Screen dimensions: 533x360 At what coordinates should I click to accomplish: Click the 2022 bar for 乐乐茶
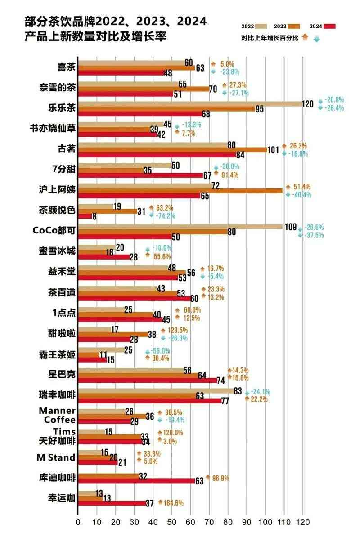[x=189, y=103]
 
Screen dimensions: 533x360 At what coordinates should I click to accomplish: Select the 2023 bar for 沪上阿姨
[x=180, y=190]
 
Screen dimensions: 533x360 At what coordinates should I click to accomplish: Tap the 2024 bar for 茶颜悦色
[x=85, y=216]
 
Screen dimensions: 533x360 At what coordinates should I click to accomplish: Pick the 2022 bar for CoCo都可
[x=180, y=227]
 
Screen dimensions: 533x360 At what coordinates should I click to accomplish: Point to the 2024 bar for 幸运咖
[x=112, y=502]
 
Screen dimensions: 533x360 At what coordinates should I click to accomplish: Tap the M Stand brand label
[x=56, y=458]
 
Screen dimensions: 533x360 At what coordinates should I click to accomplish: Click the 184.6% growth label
[x=174, y=502]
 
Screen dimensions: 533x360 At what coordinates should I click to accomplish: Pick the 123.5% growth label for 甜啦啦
[x=177, y=331]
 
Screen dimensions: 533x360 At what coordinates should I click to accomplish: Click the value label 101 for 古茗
[x=273, y=150]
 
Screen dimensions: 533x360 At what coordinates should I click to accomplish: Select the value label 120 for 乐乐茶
[x=308, y=104]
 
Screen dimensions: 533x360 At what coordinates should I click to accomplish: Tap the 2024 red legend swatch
[x=330, y=26]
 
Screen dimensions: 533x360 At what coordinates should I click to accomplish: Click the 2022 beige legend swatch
[x=261, y=26]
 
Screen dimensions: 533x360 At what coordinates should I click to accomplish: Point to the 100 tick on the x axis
[x=265, y=522]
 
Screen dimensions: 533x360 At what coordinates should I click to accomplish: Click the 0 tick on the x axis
[x=78, y=522]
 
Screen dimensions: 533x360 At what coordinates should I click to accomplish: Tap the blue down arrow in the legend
[x=316, y=39]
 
